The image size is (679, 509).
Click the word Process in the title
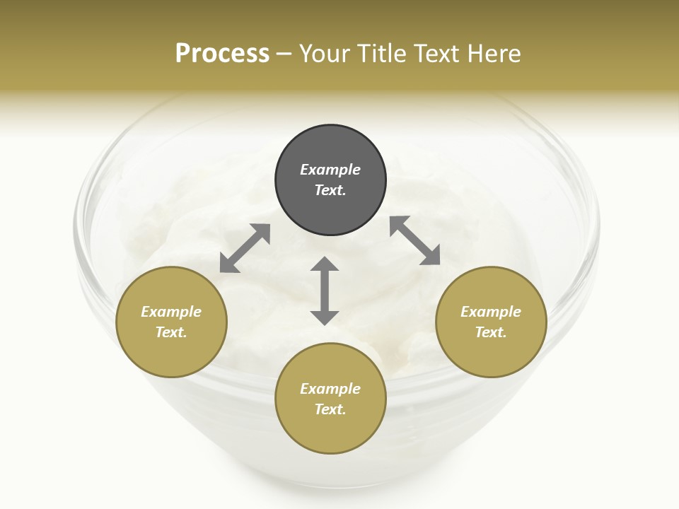click(x=222, y=54)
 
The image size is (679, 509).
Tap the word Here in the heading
click(x=495, y=54)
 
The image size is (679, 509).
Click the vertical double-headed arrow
click(x=325, y=291)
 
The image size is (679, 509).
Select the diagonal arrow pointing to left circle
click(x=245, y=248)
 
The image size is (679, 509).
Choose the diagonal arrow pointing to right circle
click(x=415, y=240)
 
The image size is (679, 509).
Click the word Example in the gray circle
click(x=330, y=170)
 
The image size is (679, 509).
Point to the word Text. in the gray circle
click(x=330, y=190)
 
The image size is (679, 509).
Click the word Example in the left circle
click(x=171, y=312)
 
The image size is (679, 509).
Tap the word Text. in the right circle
click(x=491, y=332)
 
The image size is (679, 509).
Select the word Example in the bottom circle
click(x=330, y=389)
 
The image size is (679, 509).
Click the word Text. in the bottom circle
click(x=330, y=409)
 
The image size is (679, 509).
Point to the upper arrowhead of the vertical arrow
click(x=325, y=264)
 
